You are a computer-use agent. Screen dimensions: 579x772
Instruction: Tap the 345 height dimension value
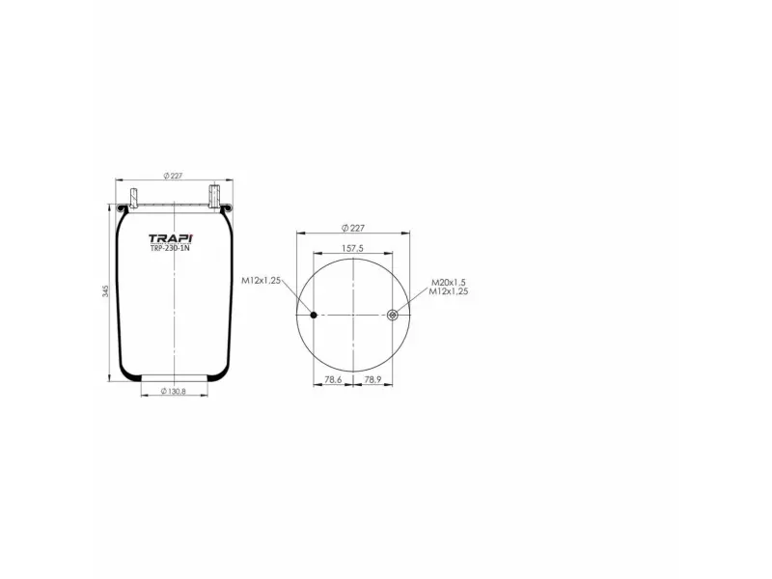pos(105,291)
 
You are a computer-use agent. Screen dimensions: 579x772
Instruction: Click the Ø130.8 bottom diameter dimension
pos(172,391)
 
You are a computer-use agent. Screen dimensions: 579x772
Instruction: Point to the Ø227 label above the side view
pos(174,175)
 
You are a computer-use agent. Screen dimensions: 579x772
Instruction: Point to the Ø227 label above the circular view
pos(353,228)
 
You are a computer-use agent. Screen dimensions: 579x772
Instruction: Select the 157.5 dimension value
pos(353,249)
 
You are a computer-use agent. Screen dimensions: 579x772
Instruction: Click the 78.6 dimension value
pos(333,380)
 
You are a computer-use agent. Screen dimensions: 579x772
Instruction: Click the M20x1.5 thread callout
pos(449,282)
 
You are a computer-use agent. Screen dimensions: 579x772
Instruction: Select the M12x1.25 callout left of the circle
pos(261,280)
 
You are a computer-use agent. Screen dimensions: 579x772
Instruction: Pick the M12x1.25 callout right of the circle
pos(449,290)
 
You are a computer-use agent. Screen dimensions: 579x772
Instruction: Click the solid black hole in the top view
pos(314,315)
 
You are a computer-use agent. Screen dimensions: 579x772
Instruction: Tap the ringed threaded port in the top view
pos(392,315)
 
